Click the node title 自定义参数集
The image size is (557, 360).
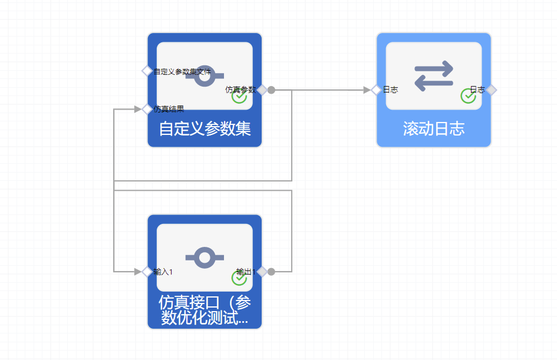click(205, 129)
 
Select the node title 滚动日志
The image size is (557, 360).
click(434, 129)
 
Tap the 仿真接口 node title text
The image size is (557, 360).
click(205, 311)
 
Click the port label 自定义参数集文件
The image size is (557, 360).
click(182, 71)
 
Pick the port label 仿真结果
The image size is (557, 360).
click(169, 109)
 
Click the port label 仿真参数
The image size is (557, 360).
click(240, 90)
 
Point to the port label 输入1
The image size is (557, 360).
click(163, 272)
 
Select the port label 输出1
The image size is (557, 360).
click(246, 272)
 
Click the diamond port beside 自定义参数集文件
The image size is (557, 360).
click(147, 71)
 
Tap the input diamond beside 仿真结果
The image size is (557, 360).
click(147, 109)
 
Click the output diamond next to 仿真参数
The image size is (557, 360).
click(262, 90)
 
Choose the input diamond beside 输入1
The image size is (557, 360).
click(147, 272)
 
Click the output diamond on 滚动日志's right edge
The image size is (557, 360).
click(492, 90)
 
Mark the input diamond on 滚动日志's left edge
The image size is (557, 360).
click(376, 90)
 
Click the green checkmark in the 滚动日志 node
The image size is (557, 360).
click(468, 97)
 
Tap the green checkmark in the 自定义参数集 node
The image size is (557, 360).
click(239, 97)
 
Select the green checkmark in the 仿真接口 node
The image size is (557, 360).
click(239, 278)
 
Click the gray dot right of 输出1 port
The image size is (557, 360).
click(271, 272)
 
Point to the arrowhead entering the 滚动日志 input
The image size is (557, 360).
click(367, 90)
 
